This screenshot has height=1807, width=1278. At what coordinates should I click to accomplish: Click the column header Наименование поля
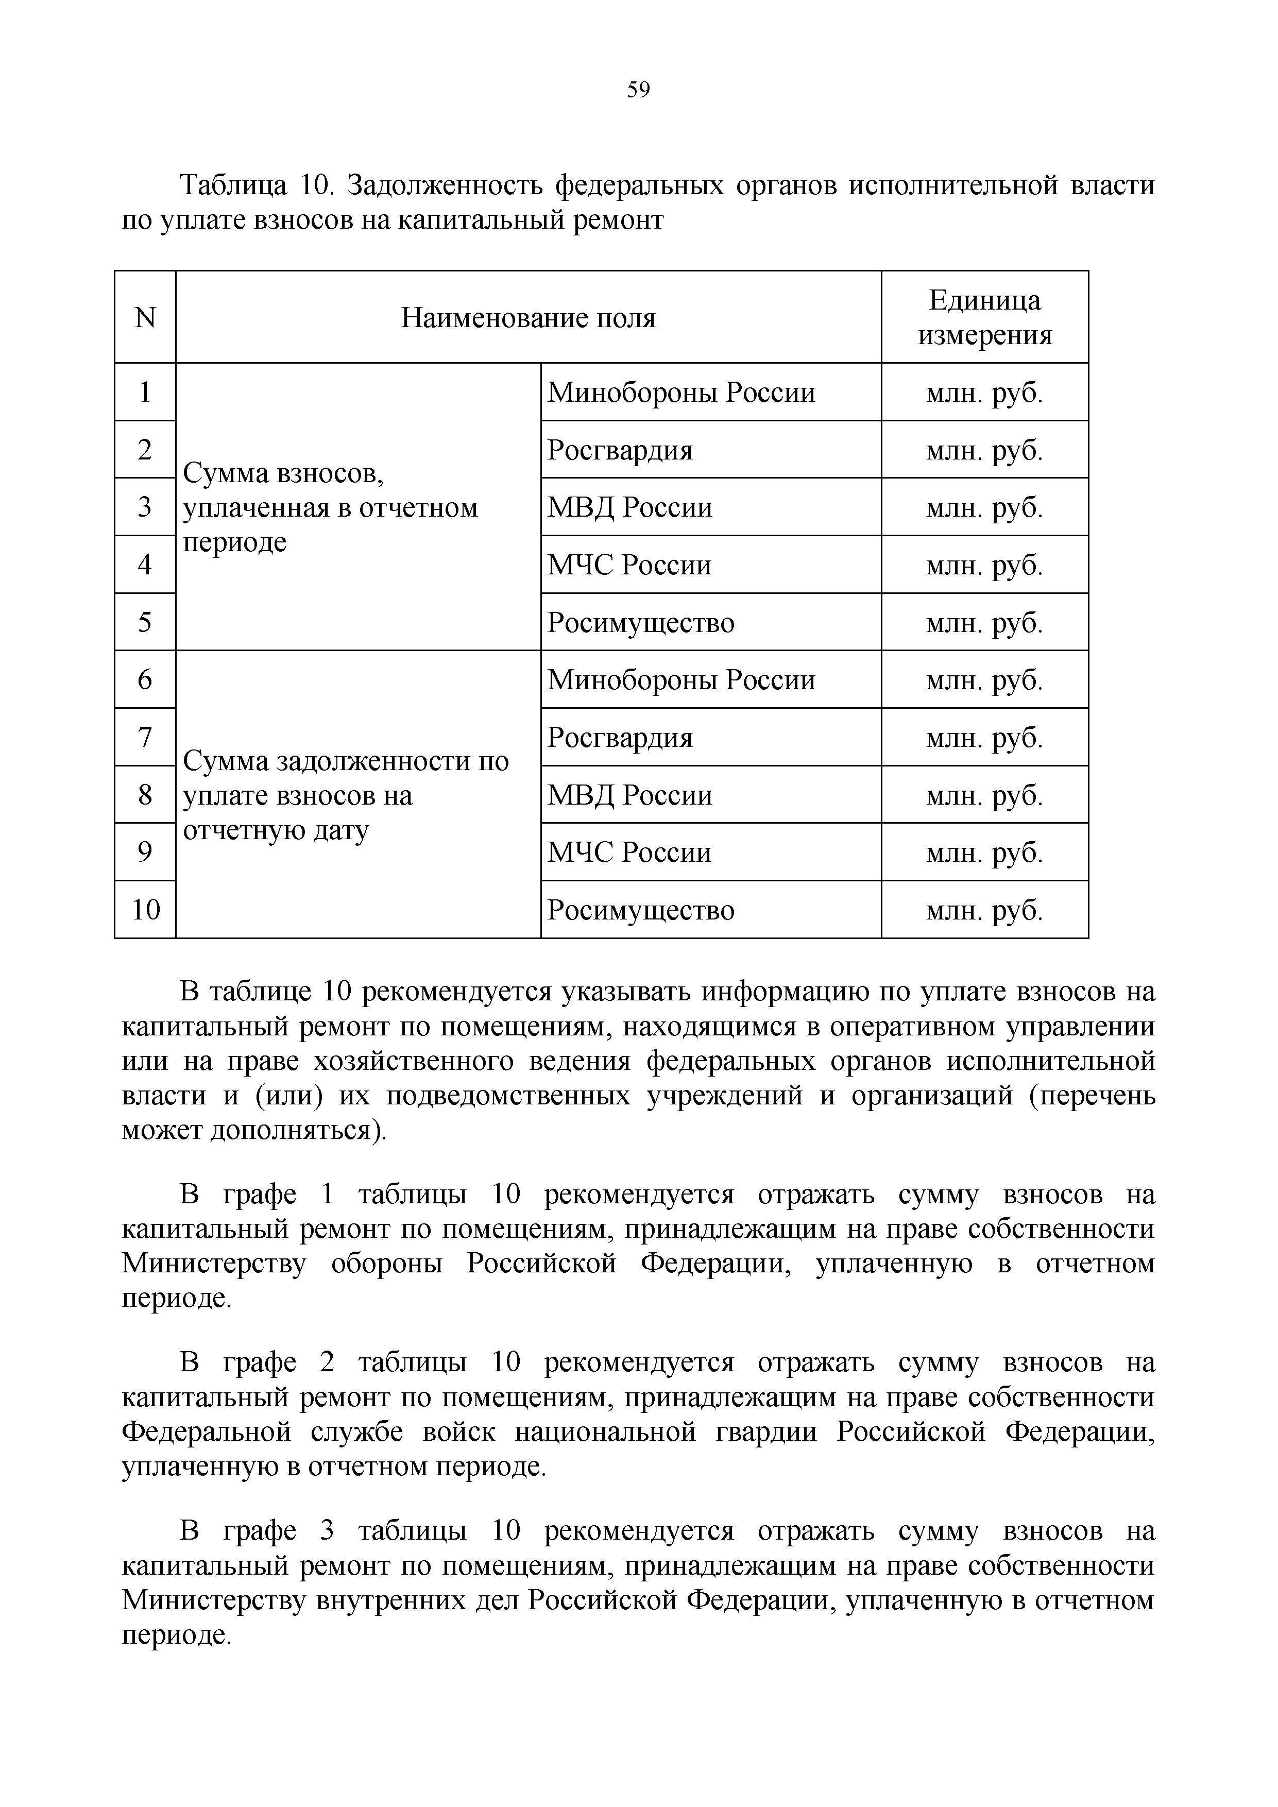click(x=528, y=318)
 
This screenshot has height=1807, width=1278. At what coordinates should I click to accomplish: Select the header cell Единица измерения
click(x=984, y=317)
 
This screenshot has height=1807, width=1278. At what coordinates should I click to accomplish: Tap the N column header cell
click(x=145, y=318)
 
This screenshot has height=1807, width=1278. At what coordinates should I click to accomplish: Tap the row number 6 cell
click(x=145, y=679)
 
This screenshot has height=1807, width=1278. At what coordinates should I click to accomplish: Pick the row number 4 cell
click(x=145, y=564)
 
